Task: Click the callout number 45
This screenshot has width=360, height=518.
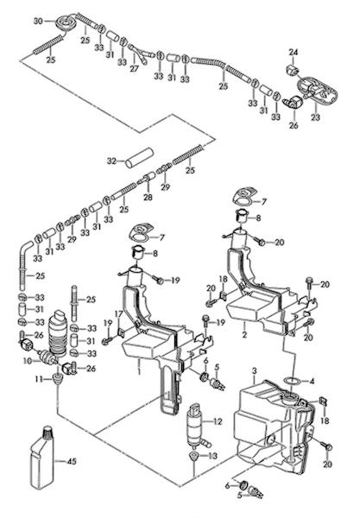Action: [72, 461]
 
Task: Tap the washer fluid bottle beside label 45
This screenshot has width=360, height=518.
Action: [42, 458]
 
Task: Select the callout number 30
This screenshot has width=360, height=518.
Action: [38, 21]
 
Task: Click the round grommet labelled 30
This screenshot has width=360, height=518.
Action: [66, 22]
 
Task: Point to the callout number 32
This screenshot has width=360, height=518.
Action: [112, 161]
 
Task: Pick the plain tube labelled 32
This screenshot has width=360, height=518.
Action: [139, 158]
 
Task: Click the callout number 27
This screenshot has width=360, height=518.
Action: [134, 69]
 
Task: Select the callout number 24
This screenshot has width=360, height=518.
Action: [294, 52]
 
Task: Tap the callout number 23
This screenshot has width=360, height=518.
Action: [316, 117]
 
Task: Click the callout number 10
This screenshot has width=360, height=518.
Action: [28, 361]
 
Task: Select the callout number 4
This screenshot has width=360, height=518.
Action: [313, 381]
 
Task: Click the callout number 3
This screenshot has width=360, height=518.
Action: [255, 371]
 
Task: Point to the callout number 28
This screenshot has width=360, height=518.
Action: [148, 197]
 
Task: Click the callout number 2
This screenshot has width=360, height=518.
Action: [244, 334]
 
